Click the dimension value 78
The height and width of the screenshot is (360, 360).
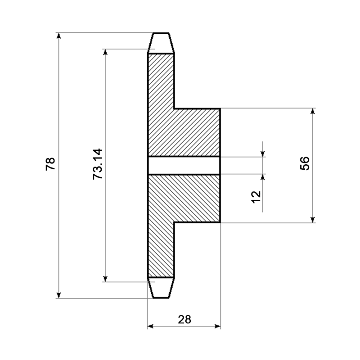[x=50, y=163]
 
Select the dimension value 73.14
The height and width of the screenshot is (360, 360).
[x=97, y=164]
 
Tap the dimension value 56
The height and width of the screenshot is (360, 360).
[x=305, y=163]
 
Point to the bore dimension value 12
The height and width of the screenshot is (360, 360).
[x=256, y=197]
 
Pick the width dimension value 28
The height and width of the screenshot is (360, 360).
[x=184, y=319]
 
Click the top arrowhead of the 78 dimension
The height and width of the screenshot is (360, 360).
[x=59, y=36]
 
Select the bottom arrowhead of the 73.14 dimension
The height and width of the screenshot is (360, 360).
[x=105, y=279]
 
